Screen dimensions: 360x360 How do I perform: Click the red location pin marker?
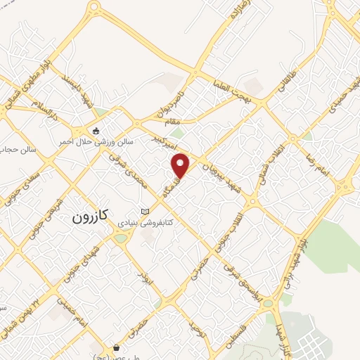[x=181, y=165]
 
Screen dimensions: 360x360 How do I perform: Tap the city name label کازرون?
[x=91, y=217]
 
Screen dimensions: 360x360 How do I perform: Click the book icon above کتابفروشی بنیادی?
[x=146, y=212]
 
